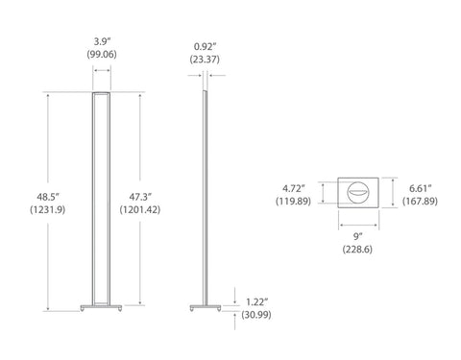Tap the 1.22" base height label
(255, 301)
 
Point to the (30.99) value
(255, 315)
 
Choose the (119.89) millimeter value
(294, 202)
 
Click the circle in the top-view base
(358, 193)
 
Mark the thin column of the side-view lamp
(204, 192)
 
